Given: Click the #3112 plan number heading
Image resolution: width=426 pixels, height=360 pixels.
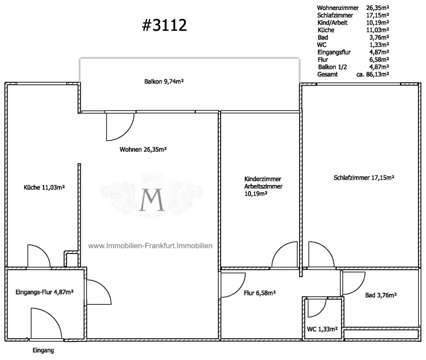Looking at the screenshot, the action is (165, 25).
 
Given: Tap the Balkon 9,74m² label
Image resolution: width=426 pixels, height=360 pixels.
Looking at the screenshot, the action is (164, 81).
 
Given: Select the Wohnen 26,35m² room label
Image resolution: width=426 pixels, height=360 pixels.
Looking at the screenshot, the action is (143, 149).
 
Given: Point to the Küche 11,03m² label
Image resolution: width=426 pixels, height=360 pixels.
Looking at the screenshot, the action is (44, 187).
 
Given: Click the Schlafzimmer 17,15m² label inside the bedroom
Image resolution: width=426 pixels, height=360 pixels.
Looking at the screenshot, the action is (364, 178).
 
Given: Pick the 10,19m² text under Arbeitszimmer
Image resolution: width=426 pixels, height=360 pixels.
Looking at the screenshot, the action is (256, 194).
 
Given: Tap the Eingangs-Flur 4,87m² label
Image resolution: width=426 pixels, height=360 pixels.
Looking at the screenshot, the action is (45, 292).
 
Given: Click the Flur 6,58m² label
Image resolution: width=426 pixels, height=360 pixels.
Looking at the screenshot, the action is (260, 293).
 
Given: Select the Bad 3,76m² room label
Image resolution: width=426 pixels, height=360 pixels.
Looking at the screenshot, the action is (381, 295).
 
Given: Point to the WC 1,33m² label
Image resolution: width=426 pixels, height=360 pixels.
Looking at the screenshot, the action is (322, 329).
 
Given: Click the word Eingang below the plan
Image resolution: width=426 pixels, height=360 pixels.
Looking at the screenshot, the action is (43, 350).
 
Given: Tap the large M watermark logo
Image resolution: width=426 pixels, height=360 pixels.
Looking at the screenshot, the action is (152, 200).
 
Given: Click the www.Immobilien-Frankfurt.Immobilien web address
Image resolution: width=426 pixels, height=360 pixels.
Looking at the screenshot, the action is (150, 246).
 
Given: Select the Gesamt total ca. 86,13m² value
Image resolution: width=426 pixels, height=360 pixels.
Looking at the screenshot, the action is (372, 75).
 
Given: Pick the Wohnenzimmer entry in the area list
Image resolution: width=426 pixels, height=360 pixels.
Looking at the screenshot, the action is (338, 8).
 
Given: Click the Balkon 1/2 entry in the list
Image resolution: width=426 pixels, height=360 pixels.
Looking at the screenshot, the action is (332, 67).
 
